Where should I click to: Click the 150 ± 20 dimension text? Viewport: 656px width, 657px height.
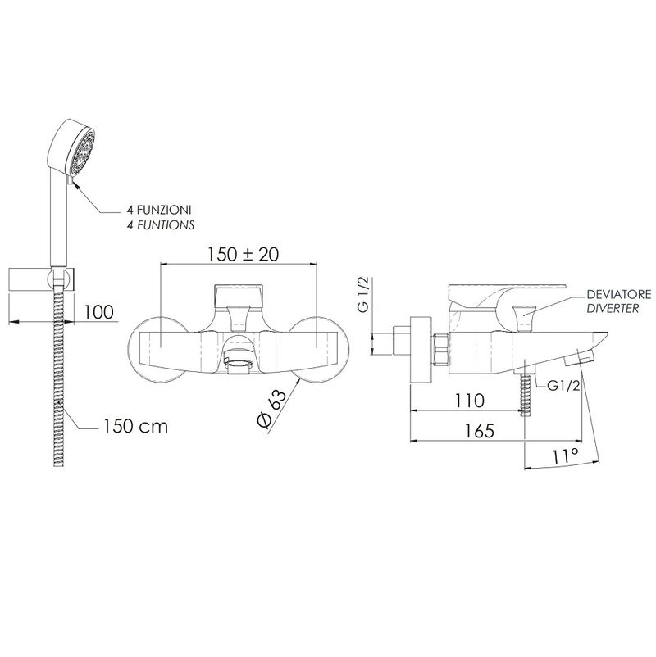tap(244, 254)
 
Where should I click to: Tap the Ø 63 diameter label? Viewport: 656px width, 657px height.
tap(271, 407)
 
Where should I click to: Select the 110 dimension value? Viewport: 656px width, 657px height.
tap(469, 401)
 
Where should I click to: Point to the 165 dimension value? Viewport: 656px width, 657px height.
tap(480, 430)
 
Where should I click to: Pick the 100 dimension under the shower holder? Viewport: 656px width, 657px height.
tap(99, 312)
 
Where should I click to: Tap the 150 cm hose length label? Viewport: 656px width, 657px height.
tap(135, 426)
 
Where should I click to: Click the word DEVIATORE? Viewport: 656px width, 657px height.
tap(618, 295)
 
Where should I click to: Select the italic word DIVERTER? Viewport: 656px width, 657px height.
tap(613, 308)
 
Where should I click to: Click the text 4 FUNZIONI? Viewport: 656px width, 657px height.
tap(159, 210)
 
